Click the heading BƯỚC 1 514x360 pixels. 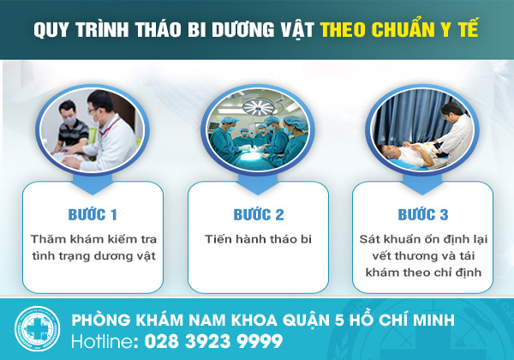click(x=93, y=215)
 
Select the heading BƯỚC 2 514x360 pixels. click(x=259, y=215)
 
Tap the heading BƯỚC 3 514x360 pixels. click(x=423, y=215)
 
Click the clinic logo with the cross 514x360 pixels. click(x=37, y=328)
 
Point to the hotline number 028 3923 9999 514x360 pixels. click(x=213, y=341)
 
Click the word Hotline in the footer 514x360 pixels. click(x=103, y=341)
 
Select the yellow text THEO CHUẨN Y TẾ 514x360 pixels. click(x=399, y=29)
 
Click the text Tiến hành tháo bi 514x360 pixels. click(x=258, y=239)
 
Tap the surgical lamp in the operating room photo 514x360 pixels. click(x=259, y=107)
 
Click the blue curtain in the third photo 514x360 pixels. click(x=406, y=118)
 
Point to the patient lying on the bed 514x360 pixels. click(x=409, y=154)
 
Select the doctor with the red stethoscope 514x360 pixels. click(x=108, y=135)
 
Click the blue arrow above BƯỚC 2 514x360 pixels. click(x=258, y=184)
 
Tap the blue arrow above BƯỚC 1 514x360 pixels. click(x=93, y=184)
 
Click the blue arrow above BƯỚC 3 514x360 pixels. click(x=422, y=184)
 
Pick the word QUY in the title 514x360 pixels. click(x=51, y=30)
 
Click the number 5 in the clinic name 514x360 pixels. click(x=339, y=321)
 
